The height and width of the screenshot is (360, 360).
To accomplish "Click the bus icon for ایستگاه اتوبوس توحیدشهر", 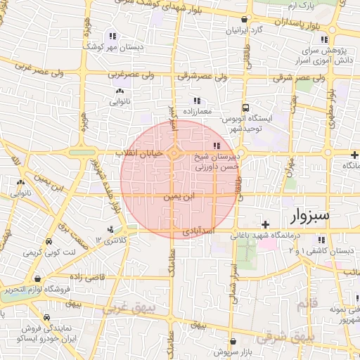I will pos(245,108).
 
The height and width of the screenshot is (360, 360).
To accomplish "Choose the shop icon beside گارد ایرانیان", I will pos(243,20).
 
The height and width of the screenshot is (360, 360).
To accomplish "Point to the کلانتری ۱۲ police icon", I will pos(110,230).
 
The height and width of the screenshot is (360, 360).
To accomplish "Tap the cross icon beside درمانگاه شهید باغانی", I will pos(265,224).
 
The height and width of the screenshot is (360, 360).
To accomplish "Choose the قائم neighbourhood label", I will pos(307,303).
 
